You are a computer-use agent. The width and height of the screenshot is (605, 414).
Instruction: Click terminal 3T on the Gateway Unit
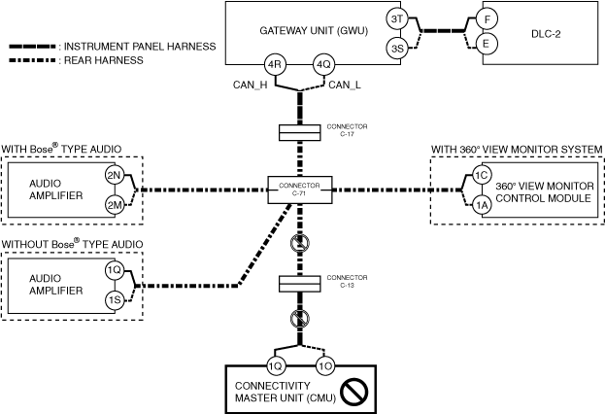[397, 18]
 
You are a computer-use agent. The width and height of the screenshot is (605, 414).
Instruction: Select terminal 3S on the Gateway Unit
[397, 49]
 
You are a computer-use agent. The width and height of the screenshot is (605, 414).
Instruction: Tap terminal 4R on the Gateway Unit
[274, 65]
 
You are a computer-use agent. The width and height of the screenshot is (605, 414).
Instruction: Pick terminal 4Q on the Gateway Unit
[323, 65]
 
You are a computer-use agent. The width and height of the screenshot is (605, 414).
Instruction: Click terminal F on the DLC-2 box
[487, 19]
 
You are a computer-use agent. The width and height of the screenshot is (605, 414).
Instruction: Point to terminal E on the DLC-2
[487, 44]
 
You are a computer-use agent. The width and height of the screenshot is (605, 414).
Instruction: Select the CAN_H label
[250, 85]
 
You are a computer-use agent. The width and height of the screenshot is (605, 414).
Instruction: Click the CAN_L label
[345, 85]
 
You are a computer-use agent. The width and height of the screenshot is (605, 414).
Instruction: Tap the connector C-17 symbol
[299, 132]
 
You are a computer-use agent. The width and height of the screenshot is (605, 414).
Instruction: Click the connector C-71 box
[300, 190]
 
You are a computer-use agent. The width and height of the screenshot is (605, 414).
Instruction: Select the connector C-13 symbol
[299, 284]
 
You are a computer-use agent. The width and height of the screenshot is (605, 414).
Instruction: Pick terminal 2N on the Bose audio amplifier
[115, 176]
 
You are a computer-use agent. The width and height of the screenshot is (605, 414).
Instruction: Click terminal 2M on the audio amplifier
[115, 205]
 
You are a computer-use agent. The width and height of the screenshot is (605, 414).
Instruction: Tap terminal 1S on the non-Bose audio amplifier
[115, 300]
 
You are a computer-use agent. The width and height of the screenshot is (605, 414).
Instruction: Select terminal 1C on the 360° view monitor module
[482, 176]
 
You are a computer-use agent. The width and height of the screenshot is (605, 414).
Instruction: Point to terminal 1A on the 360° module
[482, 205]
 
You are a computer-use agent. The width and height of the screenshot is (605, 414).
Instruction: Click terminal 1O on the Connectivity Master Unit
[325, 366]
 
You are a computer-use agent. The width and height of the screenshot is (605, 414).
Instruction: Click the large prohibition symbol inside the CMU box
[353, 392]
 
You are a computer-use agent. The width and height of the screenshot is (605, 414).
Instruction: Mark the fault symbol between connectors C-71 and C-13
[300, 243]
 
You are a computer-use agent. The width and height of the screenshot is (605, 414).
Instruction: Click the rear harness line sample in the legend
[32, 60]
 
